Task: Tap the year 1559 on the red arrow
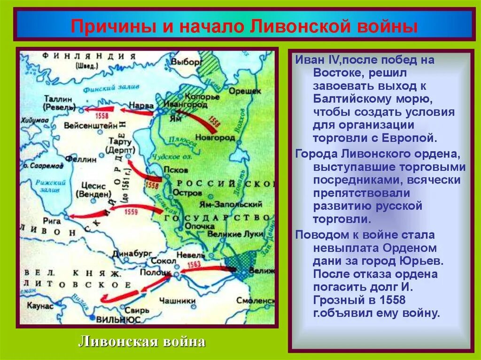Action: point(131,212)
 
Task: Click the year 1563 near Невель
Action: point(194,266)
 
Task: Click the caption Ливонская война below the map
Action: point(141,341)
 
